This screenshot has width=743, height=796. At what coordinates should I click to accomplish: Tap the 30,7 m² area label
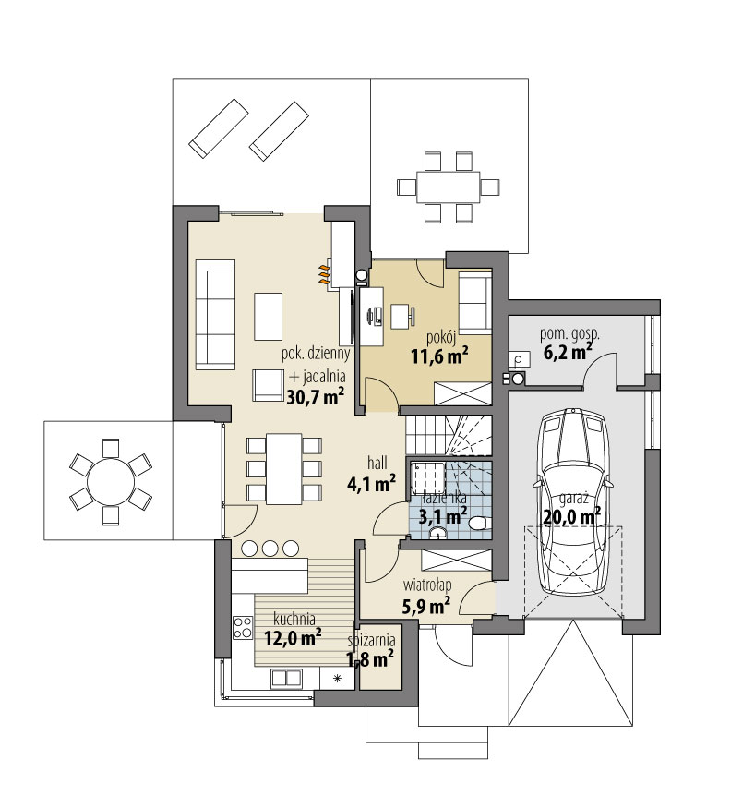[316, 396]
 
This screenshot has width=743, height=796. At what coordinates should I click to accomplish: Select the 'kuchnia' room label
[294, 619]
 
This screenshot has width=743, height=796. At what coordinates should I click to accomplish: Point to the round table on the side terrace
[111, 481]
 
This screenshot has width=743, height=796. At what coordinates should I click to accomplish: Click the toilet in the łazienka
[480, 523]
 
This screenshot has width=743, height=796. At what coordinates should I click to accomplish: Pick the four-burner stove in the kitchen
[243, 626]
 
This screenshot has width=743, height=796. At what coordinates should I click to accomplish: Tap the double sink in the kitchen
[286, 678]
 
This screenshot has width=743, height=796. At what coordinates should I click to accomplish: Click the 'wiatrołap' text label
[426, 585]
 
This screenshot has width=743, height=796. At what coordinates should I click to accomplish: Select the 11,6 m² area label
[439, 356]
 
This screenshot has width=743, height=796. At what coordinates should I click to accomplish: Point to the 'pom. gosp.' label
[569, 334]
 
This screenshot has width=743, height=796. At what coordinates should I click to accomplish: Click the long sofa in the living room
[215, 315]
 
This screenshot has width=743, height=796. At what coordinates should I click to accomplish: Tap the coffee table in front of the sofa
[268, 316]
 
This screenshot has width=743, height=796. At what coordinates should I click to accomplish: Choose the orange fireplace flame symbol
[324, 273]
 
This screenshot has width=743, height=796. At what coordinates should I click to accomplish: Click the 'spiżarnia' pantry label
[371, 641]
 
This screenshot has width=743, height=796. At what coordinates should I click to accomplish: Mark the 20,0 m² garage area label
[571, 517]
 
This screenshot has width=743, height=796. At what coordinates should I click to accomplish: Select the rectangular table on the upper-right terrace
[449, 187]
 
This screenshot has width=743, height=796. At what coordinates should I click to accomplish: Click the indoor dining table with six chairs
[284, 468]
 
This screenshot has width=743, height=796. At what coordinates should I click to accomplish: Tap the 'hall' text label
[377, 463]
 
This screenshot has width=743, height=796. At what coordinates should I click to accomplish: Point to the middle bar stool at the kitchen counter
[270, 549]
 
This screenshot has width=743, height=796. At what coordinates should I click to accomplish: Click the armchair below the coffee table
[268, 385]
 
